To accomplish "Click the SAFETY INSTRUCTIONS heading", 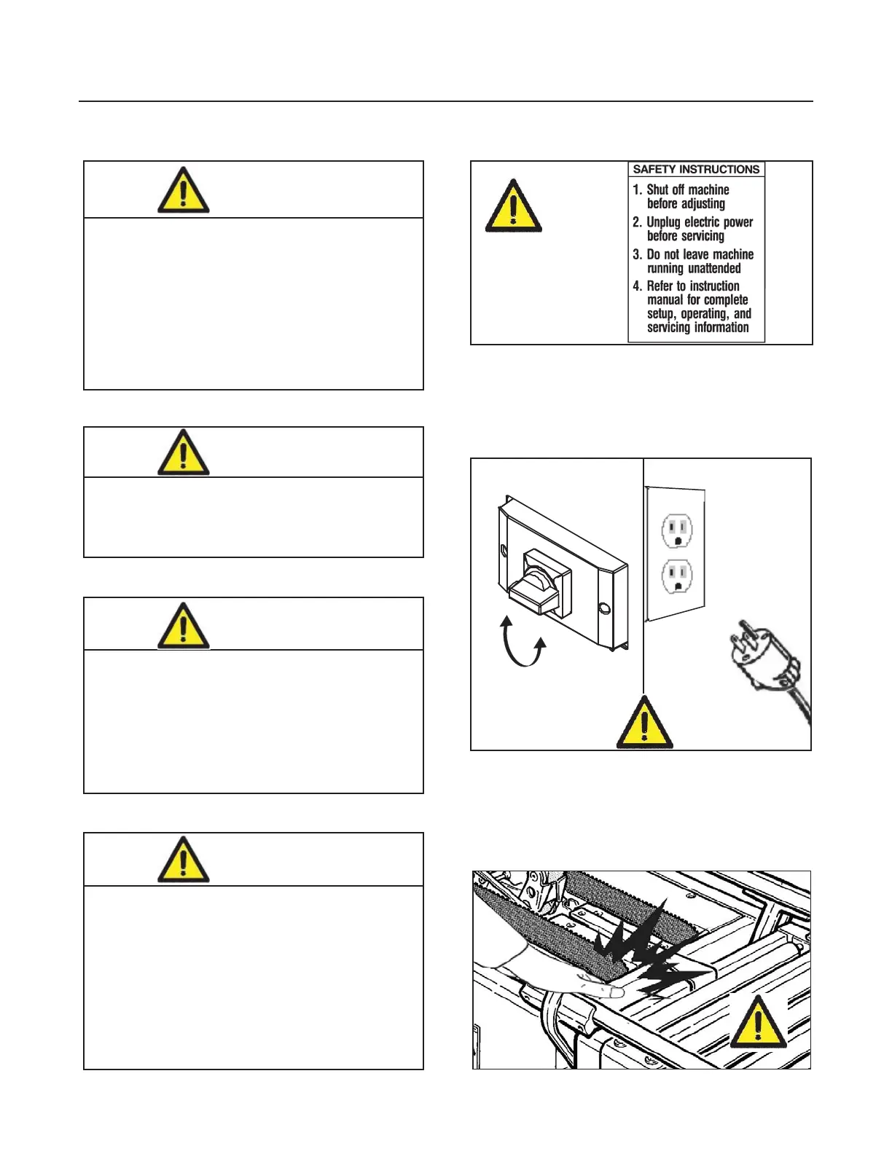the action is point(696,169).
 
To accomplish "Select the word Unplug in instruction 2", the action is point(663,222).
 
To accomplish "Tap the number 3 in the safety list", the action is point(637,254).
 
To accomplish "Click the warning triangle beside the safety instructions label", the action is point(514,207).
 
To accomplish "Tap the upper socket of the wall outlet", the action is point(677,531).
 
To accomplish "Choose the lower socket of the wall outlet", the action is point(677,576).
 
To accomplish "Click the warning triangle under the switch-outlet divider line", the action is point(644,723).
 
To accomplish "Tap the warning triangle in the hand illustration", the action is point(759,1022).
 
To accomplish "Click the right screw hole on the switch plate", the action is point(603,608).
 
